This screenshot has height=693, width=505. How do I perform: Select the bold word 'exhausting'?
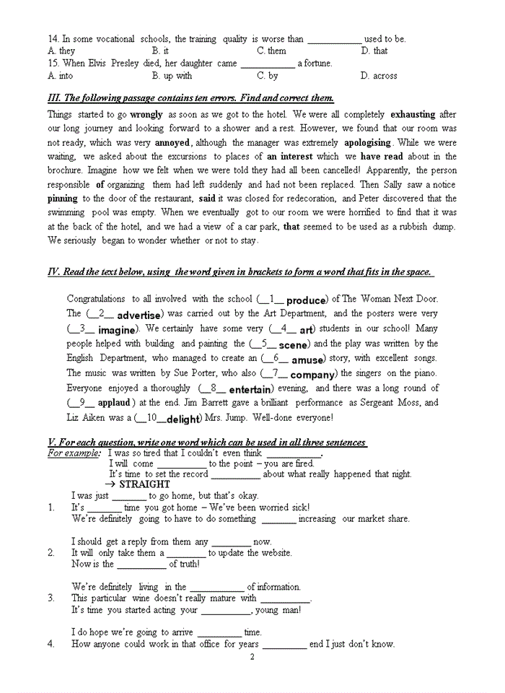coord(413,114)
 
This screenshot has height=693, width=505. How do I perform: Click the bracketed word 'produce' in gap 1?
coord(307,300)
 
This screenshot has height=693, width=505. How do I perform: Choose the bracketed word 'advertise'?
coord(139,315)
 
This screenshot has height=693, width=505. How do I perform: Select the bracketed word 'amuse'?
coord(307,359)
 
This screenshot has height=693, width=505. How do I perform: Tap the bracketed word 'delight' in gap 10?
coord(183,419)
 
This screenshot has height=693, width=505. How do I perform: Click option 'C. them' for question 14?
coord(271,51)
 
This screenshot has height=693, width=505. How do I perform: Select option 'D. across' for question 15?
coord(379,76)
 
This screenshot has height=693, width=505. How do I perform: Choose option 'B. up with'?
coord(172,76)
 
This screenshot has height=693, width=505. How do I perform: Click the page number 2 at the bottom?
coord(252,657)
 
